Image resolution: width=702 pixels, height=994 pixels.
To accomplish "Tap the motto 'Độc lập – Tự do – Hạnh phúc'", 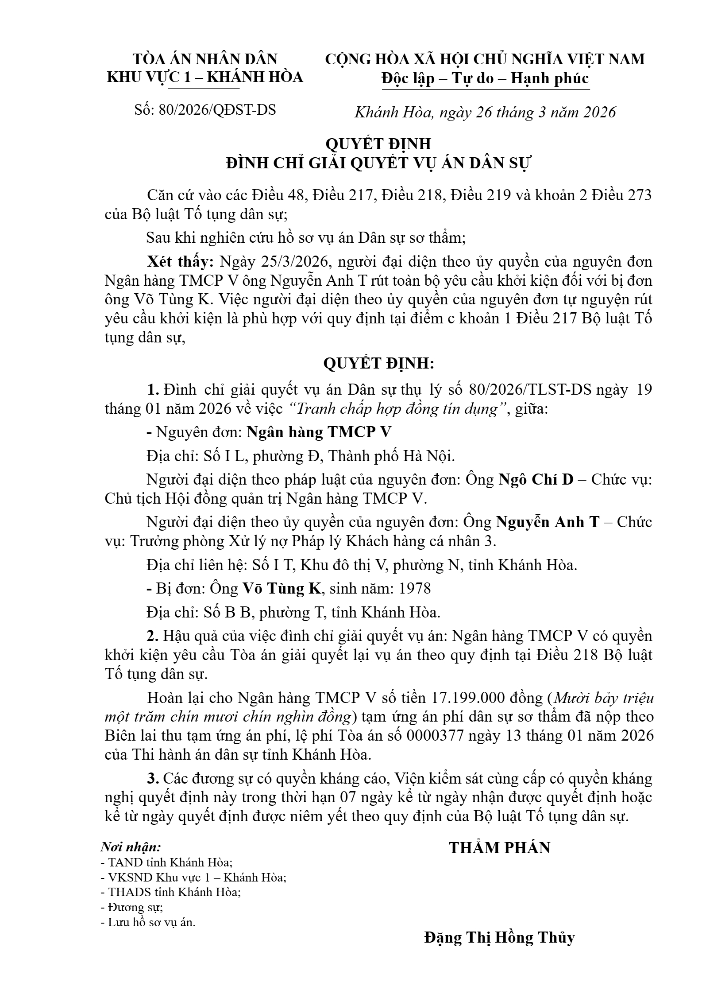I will (485, 78).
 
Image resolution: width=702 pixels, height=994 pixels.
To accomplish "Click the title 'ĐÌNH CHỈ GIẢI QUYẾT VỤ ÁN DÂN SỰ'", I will (378, 163).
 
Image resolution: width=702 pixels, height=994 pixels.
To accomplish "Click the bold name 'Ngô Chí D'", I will (536, 480).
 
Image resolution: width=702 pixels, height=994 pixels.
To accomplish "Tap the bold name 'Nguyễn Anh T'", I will (547, 522).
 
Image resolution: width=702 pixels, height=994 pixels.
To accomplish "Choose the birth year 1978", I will (415, 588).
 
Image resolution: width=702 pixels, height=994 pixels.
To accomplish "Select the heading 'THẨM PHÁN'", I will (499, 848).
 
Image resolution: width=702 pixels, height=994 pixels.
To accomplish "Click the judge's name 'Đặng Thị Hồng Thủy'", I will (499, 937).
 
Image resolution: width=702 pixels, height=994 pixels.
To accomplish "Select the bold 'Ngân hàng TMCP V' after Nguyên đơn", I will (319, 432).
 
